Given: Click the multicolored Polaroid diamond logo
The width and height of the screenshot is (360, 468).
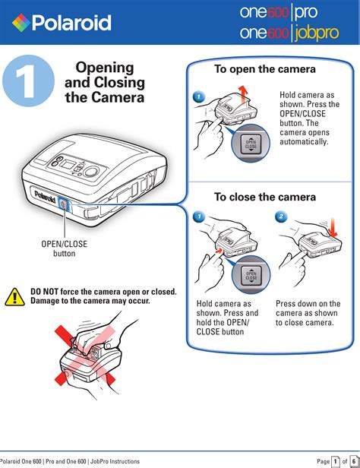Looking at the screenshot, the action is click(x=21, y=23).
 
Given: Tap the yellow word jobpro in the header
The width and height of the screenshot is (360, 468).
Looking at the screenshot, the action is click(x=317, y=33).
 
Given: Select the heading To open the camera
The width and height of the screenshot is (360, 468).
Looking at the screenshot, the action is click(x=265, y=69).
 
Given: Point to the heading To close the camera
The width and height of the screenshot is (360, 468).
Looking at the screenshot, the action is click(x=265, y=197).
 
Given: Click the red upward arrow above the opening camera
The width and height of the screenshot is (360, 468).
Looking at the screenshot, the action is click(x=244, y=94).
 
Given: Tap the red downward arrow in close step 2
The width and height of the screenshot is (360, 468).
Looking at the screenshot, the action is click(x=333, y=228).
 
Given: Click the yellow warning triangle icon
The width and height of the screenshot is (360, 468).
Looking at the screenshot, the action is click(x=14, y=297).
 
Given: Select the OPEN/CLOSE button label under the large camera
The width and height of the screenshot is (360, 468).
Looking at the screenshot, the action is click(x=64, y=248).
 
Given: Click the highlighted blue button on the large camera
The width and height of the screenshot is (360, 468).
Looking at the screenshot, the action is click(x=63, y=204).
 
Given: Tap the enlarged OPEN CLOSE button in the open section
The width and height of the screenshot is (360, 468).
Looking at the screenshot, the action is click(x=251, y=144).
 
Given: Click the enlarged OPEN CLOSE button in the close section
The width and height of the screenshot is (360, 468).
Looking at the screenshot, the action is click(x=251, y=275).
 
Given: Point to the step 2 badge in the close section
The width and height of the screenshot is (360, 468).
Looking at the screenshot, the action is click(x=281, y=217).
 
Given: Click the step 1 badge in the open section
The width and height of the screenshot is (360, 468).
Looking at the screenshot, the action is click(x=199, y=96).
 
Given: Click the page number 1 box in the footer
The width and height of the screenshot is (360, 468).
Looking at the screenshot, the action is click(x=336, y=461).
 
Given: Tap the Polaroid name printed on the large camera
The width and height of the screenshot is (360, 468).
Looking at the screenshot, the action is click(x=46, y=196).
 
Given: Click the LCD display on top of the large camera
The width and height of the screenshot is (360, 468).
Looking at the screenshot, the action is click(x=67, y=164).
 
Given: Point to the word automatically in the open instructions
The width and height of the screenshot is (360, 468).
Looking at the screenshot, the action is click(x=304, y=141).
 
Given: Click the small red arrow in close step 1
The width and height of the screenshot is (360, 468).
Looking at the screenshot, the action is click(x=219, y=251).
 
